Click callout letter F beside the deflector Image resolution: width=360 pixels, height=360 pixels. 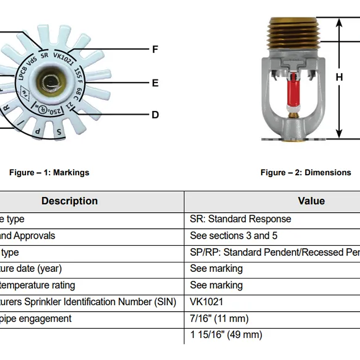click(x=155, y=49)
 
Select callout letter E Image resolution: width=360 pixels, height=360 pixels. click(x=155, y=83)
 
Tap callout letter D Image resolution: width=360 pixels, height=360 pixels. click(x=155, y=115)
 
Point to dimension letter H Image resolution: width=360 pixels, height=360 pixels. click(x=339, y=77)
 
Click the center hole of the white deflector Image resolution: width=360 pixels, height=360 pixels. click(x=48, y=82)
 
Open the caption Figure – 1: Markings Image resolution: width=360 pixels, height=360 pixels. click(x=49, y=172)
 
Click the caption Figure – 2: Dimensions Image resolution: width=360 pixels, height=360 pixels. click(x=306, y=172)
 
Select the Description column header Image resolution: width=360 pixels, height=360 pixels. click(x=70, y=201)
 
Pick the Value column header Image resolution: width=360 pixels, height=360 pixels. click(x=311, y=201)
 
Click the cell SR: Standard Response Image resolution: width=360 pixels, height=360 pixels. click(x=241, y=219)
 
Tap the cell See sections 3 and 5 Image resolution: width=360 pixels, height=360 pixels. click(x=234, y=236)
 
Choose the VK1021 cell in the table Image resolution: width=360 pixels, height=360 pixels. click(x=207, y=302)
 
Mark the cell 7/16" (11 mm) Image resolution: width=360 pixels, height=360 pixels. click(x=219, y=318)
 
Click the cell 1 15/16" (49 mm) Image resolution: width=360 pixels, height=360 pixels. click(x=226, y=335)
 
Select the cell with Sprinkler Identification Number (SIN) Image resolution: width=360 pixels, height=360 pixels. click(x=88, y=302)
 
